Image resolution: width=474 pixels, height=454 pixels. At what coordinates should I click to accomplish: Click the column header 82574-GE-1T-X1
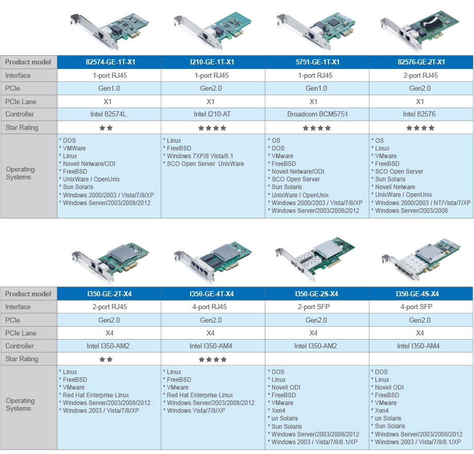point(110,62)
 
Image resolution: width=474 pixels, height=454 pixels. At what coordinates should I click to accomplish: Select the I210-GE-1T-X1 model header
point(212,62)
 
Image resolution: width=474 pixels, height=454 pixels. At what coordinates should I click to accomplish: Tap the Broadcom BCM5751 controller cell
point(317,114)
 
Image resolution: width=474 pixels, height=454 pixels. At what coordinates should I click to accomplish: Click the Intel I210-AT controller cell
point(212,114)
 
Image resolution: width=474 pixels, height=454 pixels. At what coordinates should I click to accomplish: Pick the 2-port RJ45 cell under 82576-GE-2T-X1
point(420,75)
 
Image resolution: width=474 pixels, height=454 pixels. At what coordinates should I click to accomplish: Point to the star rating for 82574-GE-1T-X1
point(106,128)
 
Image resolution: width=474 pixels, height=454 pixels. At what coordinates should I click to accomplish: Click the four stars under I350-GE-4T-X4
point(212,359)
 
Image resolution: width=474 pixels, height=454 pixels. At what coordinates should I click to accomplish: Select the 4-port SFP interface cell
point(416,307)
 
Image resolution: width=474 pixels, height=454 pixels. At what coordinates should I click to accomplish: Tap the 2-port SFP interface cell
point(313,307)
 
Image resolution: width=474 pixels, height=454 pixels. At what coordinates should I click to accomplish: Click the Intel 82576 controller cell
point(419,114)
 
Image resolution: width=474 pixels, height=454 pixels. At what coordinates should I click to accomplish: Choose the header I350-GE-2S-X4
point(316,294)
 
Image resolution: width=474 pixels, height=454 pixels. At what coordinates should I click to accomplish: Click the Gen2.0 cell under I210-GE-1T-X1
point(211,88)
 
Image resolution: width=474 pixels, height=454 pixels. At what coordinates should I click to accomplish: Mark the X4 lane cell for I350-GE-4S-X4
point(419,333)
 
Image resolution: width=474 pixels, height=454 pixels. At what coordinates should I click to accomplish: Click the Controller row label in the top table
point(20,114)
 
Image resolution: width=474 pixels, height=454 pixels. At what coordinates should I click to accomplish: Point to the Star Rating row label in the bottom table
point(22,359)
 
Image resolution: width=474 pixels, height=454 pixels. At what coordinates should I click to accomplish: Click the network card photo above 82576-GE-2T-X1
point(419,29)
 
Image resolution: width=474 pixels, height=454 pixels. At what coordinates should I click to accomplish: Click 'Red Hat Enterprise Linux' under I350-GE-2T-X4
point(94,395)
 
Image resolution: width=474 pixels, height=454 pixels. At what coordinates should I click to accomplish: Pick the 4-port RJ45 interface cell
point(210,307)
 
